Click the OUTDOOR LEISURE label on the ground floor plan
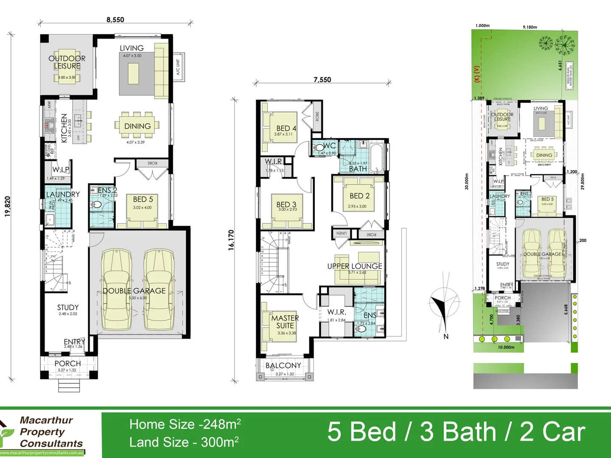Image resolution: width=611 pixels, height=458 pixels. pyautogui.click(x=67, y=62)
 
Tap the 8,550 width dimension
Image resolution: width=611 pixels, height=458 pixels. pyautogui.click(x=115, y=20)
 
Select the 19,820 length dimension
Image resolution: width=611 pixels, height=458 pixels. pyautogui.click(x=8, y=207)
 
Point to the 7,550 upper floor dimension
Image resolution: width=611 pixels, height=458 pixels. pyautogui.click(x=322, y=79)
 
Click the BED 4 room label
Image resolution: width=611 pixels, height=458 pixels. pyautogui.click(x=286, y=128)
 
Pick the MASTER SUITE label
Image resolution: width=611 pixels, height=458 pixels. pyautogui.click(x=285, y=322)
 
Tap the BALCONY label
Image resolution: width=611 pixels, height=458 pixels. pyautogui.click(x=283, y=366)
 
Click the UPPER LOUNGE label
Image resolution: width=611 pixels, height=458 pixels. pyautogui.click(x=354, y=266)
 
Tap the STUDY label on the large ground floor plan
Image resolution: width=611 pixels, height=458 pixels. pyautogui.click(x=68, y=307)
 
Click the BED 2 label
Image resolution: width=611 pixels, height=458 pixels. pyautogui.click(x=359, y=196)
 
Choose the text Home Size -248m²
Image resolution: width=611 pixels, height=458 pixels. pyautogui.click(x=185, y=424)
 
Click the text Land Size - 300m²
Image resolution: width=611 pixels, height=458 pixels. pyautogui.click(x=184, y=442)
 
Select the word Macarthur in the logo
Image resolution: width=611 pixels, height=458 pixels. pyautogui.click(x=46, y=420)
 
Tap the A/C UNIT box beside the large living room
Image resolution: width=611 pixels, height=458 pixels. pyautogui.click(x=178, y=67)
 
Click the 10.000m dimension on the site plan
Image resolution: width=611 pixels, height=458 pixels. pyautogui.click(x=506, y=347)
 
